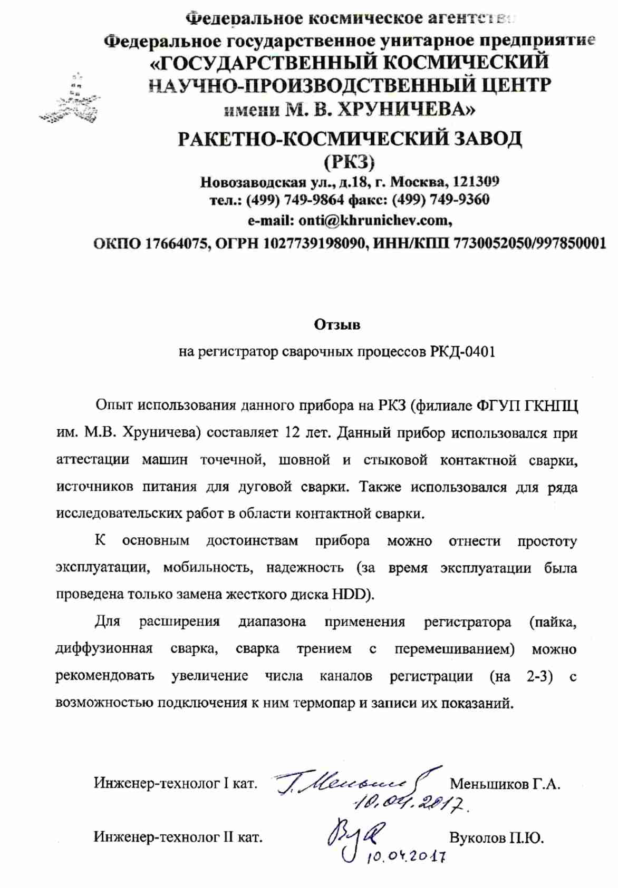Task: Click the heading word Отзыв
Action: click(x=337, y=324)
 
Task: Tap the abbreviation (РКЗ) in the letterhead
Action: click(x=349, y=161)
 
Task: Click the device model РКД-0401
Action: click(x=463, y=351)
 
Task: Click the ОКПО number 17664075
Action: click(x=177, y=243)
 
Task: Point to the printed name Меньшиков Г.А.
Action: click(x=505, y=784)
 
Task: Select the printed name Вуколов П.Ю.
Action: click(x=496, y=837)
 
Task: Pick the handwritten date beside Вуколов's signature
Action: click(x=407, y=856)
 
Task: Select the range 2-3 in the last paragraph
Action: click(x=539, y=676)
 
